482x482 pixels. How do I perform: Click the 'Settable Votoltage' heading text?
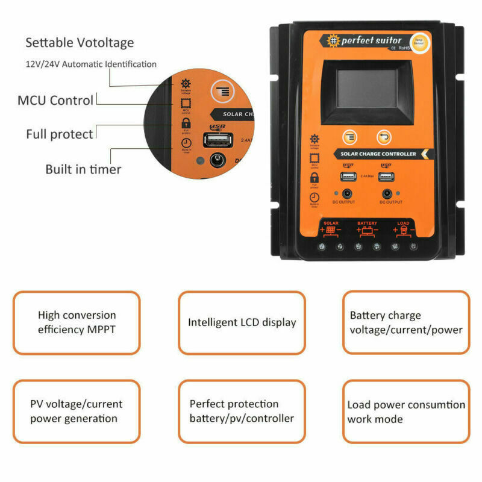pyautogui.click(x=80, y=43)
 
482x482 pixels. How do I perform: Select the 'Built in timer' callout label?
pyautogui.click(x=83, y=169)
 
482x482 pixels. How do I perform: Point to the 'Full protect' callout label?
pyautogui.click(x=60, y=134)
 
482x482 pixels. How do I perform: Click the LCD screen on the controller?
pyautogui.click(x=366, y=88)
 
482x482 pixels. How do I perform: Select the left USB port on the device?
pyautogui.click(x=348, y=177)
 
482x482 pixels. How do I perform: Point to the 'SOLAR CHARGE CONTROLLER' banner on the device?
pyautogui.click(x=378, y=154)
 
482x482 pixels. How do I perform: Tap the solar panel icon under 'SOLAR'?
pyautogui.click(x=331, y=230)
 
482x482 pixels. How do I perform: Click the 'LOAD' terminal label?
pyautogui.click(x=403, y=223)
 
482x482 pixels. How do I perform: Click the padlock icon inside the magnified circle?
pyautogui.click(x=185, y=123)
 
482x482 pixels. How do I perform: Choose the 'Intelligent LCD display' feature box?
pyautogui.click(x=242, y=322)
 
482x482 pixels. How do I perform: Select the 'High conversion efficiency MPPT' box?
pyautogui.click(x=77, y=322)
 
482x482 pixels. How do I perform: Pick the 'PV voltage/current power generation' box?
pyautogui.click(x=77, y=411)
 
